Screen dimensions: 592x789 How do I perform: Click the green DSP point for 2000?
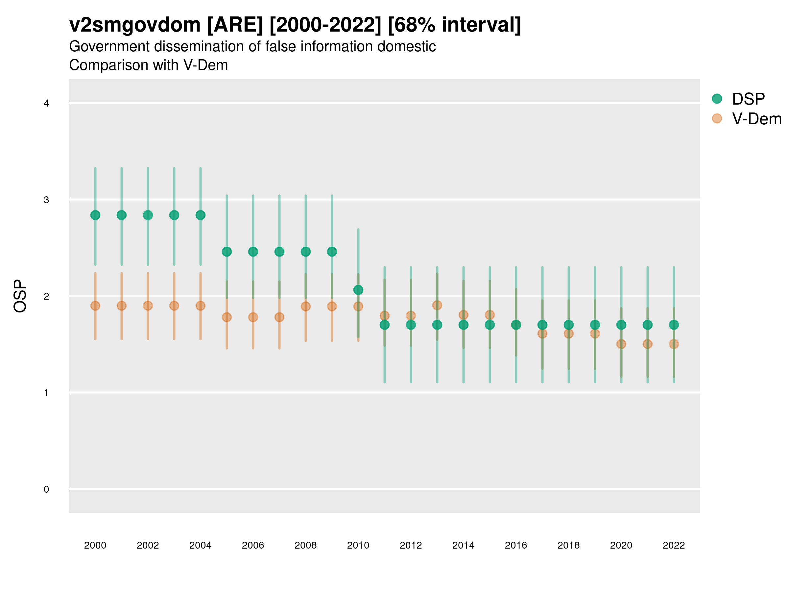click(x=95, y=215)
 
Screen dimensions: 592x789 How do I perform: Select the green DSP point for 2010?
click(x=358, y=290)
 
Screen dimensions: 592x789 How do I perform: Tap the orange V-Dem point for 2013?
click(x=437, y=305)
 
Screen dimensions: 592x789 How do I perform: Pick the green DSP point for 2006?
click(x=253, y=252)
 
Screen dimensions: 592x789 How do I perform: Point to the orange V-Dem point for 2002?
click(x=148, y=306)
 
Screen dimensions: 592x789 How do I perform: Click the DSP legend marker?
click(x=717, y=99)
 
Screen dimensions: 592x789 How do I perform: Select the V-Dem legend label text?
click(x=756, y=119)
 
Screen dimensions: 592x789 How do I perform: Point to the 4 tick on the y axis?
click(x=46, y=104)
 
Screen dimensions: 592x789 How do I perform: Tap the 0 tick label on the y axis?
click(x=46, y=489)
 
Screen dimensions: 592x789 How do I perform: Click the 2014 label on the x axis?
click(x=463, y=545)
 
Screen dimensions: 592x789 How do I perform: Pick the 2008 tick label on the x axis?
click(x=306, y=545)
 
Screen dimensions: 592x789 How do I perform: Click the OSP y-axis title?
click(x=20, y=296)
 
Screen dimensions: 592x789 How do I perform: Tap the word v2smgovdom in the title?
click(x=135, y=25)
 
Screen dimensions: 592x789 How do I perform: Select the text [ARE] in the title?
click(x=235, y=25)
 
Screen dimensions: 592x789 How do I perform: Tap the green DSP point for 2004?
click(x=201, y=215)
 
